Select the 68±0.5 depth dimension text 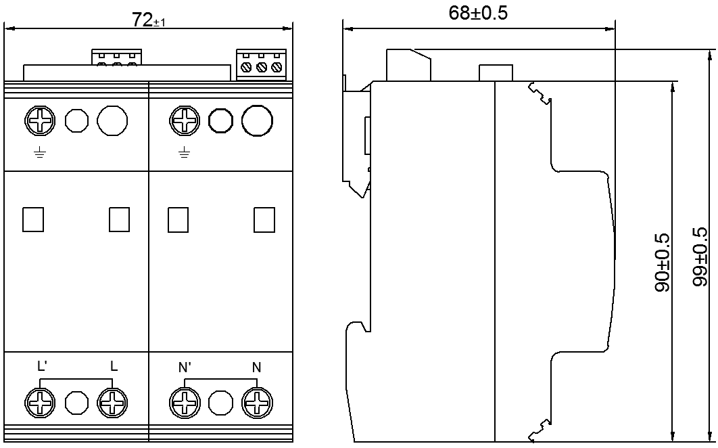(478, 14)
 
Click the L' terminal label (42, 367)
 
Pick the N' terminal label (184, 367)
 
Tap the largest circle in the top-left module (112, 122)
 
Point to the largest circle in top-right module (257, 122)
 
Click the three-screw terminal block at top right (260, 66)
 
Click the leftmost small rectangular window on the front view (33, 219)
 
